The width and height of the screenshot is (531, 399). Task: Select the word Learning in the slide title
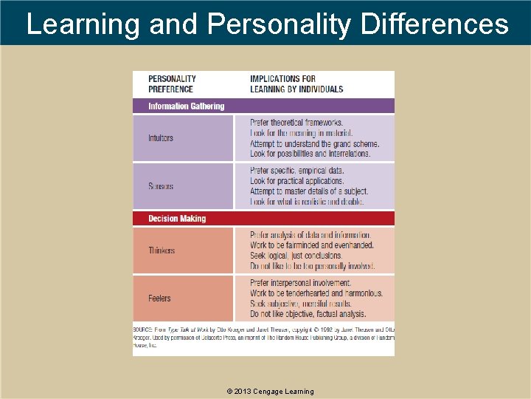[83, 24]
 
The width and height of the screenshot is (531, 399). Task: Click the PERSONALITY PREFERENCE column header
[172, 83]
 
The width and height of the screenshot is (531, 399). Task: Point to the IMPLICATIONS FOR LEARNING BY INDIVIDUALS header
[296, 83]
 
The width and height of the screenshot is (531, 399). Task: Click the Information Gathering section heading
[186, 106]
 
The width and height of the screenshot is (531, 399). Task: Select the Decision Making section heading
[177, 219]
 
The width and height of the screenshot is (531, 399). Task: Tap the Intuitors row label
[161, 138]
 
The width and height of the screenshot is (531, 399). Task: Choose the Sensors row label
[161, 186]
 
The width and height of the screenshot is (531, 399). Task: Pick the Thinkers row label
[162, 250]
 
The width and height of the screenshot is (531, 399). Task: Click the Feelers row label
[159, 299]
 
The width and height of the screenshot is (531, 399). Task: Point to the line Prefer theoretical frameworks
[296, 123]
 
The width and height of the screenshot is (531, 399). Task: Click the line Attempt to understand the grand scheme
[315, 144]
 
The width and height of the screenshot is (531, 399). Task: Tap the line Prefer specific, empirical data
[297, 171]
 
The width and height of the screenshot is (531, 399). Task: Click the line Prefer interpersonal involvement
[300, 283]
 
